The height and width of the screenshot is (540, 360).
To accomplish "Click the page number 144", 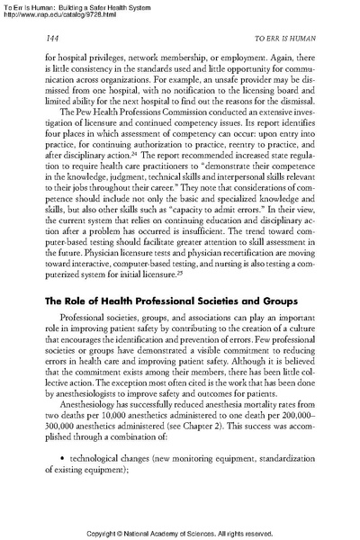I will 52,40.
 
